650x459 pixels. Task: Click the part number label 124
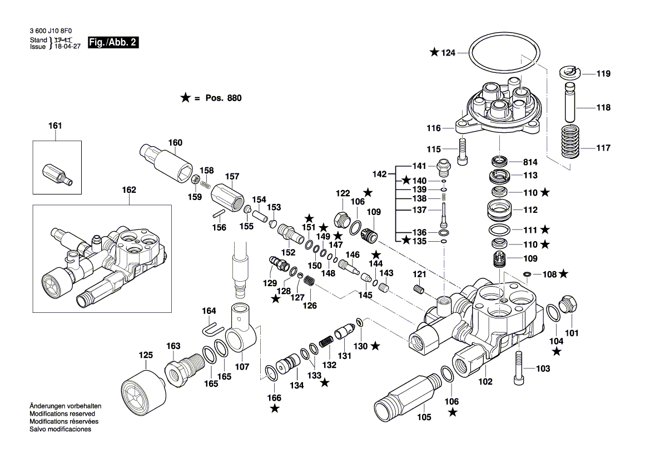click(448, 53)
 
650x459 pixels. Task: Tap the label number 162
click(128, 190)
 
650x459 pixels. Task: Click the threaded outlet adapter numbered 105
click(404, 396)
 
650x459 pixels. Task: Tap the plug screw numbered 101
click(569, 305)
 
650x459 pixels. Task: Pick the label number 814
click(530, 162)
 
